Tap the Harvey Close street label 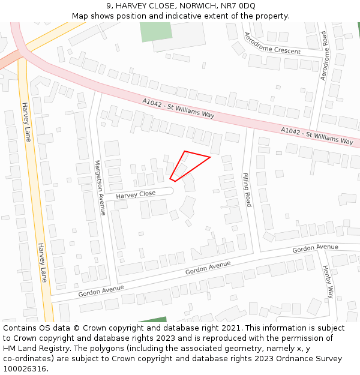[x=136, y=194]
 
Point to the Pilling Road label [x=247, y=190]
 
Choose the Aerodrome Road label [x=324, y=56]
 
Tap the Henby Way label [x=328, y=281]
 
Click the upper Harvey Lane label [x=27, y=122]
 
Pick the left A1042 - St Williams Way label [x=178, y=108]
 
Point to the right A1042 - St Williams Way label [x=317, y=136]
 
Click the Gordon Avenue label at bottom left [x=100, y=290]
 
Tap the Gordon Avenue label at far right [x=315, y=248]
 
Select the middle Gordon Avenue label [x=208, y=268]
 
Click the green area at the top [x=156, y=32]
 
